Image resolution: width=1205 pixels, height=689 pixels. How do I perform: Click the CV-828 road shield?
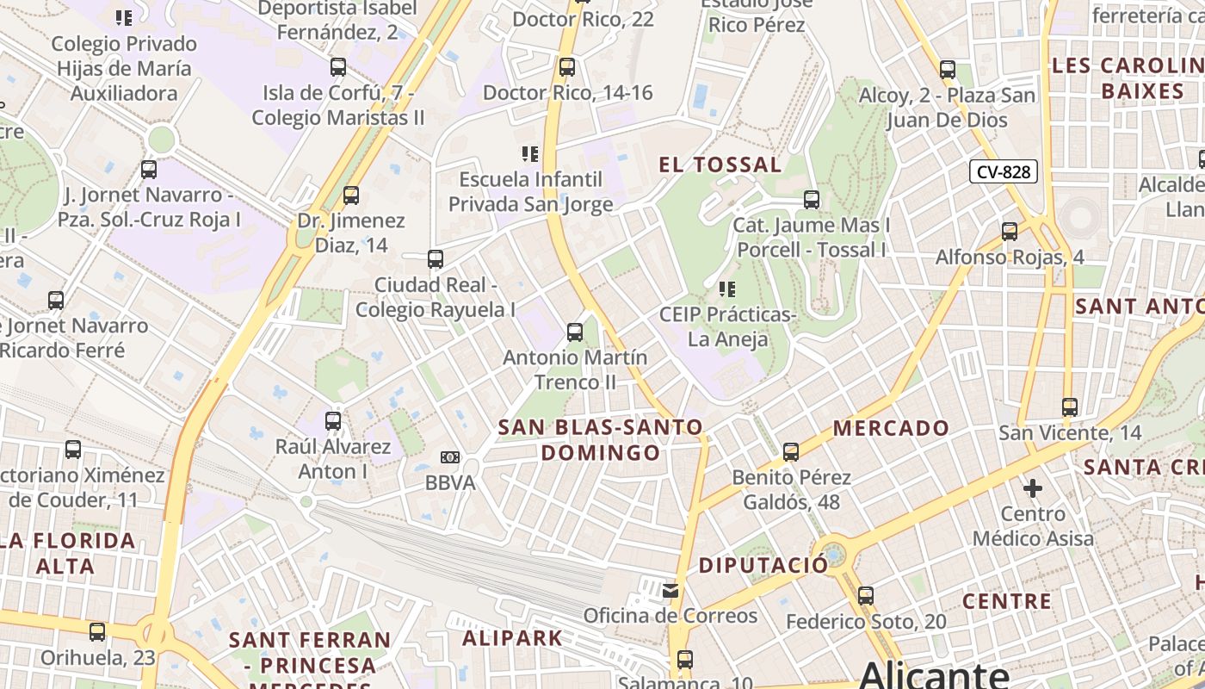(x=1004, y=171)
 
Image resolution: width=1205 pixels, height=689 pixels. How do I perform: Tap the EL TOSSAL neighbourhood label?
(x=720, y=164)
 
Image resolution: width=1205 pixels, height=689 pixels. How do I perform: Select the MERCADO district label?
(x=891, y=428)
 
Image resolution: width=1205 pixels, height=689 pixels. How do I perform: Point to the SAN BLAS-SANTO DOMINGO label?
(x=601, y=439)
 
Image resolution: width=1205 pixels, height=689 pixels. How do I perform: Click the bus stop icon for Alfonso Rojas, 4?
(x=1010, y=231)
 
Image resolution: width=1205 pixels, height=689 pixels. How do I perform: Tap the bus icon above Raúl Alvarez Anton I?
(x=333, y=421)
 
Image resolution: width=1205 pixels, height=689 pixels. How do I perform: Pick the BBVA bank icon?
(x=449, y=457)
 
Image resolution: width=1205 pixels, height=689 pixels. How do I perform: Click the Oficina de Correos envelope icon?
(x=670, y=591)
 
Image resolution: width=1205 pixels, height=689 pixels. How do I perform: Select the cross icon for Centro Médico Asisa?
(x=1033, y=488)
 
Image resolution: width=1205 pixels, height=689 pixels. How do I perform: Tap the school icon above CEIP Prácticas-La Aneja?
(x=727, y=289)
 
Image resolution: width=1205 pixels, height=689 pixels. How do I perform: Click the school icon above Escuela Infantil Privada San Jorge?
(x=530, y=154)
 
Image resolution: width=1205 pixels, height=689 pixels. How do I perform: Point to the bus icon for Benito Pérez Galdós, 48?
(x=790, y=451)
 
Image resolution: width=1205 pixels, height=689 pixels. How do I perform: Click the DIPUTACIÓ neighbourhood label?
(x=763, y=565)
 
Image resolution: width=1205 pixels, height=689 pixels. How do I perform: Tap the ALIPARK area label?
(x=512, y=638)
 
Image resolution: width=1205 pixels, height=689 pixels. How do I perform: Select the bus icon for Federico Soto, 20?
(x=866, y=595)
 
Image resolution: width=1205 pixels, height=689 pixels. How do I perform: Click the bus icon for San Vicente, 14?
(x=1070, y=407)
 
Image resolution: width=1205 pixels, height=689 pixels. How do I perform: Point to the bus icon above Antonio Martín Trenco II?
(x=575, y=332)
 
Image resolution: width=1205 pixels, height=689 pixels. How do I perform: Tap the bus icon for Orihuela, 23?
(x=97, y=632)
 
